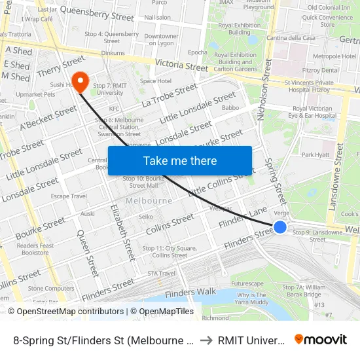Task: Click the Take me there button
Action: (180, 160)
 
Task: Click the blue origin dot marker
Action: (279, 227)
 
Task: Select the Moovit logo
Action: (320, 339)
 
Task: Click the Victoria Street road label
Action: (181, 65)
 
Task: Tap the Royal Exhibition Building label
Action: (235, 28)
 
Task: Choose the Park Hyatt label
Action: (315, 155)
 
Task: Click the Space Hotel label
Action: (155, 81)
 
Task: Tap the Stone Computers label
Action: (50, 288)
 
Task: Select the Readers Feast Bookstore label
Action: (35, 249)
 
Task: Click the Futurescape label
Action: (247, 283)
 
